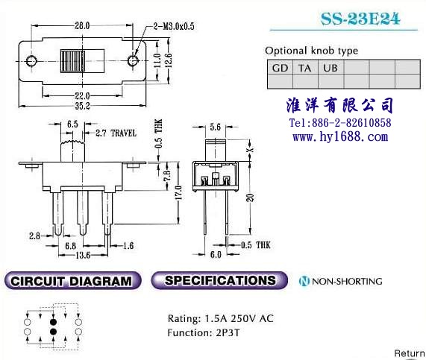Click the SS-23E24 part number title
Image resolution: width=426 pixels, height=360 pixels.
(360, 19)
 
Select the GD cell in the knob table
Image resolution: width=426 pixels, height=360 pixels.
(280, 68)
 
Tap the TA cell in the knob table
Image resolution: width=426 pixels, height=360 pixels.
(305, 68)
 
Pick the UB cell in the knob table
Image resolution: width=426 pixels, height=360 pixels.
(331, 68)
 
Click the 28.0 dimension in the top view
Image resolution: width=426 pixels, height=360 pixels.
(82, 25)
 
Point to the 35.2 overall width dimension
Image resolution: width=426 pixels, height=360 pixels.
(82, 106)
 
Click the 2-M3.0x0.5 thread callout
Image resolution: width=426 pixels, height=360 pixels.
(174, 26)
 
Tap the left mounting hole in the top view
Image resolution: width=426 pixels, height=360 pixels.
(31, 61)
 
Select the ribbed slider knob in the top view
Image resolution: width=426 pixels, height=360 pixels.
(72, 61)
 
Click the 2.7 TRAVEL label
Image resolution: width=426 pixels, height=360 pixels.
(116, 133)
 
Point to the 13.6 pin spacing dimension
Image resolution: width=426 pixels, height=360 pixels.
(83, 255)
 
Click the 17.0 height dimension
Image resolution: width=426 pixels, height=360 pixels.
(178, 192)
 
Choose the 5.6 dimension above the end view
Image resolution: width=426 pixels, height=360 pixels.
(215, 127)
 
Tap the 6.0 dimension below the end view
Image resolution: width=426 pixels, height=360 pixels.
(216, 255)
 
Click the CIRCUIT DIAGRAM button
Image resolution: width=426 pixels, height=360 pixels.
(73, 281)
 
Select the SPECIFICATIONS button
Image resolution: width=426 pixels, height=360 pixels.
(219, 280)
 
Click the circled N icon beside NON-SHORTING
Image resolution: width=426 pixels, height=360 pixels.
(304, 281)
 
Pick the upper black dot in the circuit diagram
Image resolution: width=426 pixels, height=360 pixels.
(53, 322)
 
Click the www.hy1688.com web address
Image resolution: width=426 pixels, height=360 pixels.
(340, 136)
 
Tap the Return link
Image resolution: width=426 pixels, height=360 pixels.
(410, 353)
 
